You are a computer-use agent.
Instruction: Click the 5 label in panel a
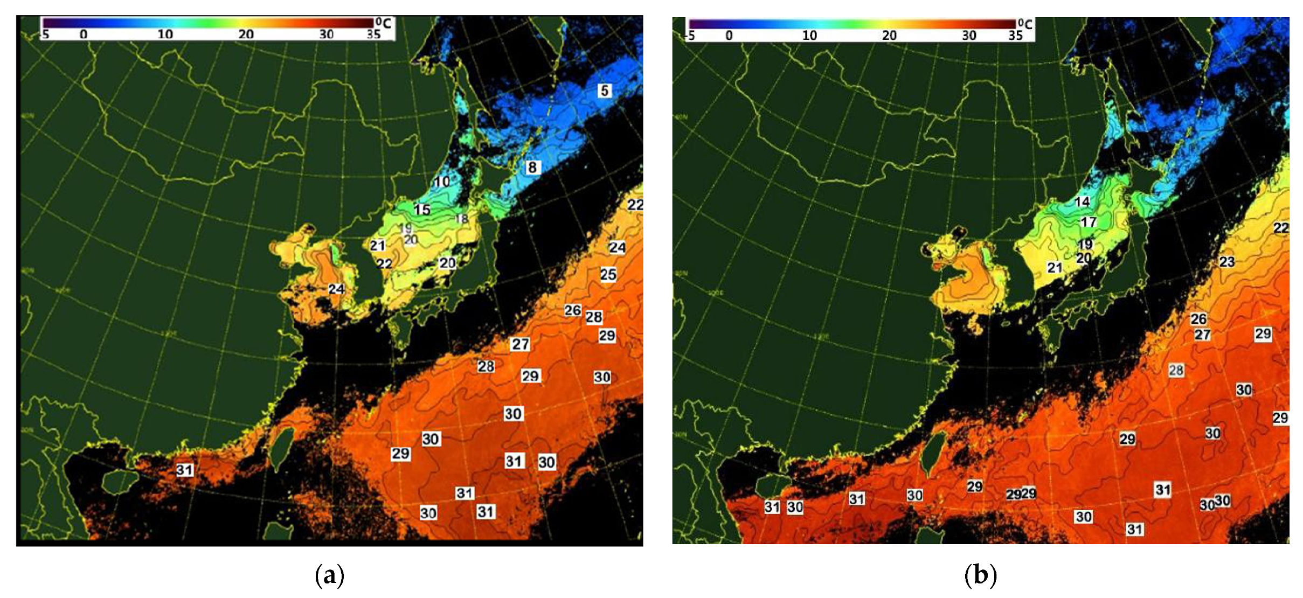[605, 91]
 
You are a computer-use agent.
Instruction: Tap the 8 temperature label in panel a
[532, 167]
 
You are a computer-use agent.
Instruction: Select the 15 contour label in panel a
[422, 210]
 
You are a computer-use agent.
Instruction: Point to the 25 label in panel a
[608, 274]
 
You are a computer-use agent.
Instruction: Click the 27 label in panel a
[521, 344]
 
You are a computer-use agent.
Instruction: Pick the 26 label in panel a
[573, 310]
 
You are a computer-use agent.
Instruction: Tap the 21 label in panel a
[377, 246]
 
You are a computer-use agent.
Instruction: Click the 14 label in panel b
[1082, 202]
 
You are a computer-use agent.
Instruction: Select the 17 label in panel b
[1089, 222]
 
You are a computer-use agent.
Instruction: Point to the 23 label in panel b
[1227, 262]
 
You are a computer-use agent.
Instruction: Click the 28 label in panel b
[1176, 370]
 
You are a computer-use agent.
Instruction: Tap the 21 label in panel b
[1055, 267]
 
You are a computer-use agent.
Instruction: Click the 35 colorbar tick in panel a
[373, 34]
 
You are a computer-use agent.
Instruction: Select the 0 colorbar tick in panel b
[729, 36]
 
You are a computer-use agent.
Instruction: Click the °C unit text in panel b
[1025, 24]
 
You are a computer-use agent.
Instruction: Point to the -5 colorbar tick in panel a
[45, 34]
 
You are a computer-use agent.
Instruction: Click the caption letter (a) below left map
[329, 575]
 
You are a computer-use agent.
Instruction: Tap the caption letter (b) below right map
[980, 575]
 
